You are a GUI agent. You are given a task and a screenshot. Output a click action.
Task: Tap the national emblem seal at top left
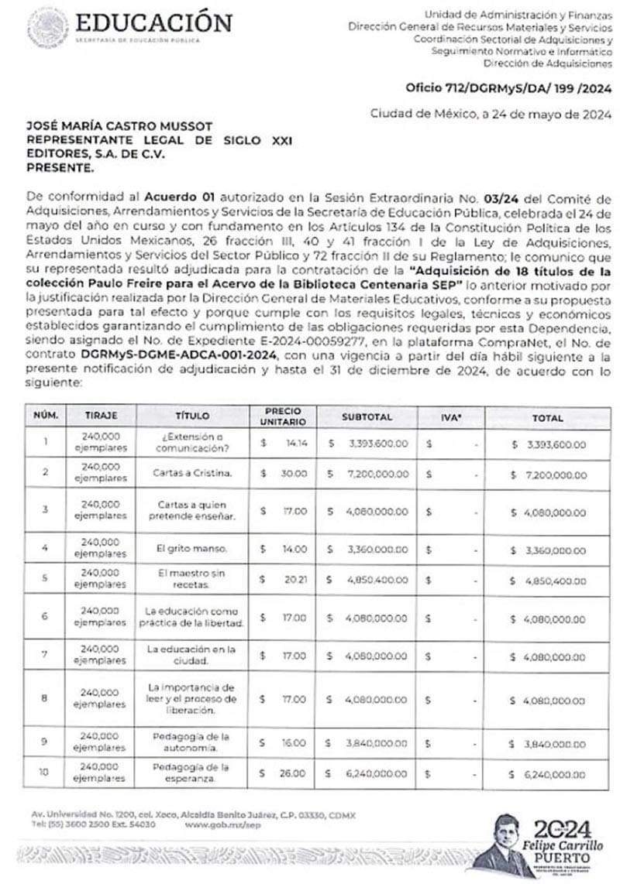coord(47,27)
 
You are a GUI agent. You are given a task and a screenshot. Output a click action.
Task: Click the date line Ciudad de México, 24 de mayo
coord(491,114)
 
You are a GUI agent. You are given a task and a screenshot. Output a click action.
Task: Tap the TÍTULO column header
coord(193,416)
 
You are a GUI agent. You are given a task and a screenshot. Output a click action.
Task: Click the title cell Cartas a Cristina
coord(193,471)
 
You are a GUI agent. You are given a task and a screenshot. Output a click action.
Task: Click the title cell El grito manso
coord(192,548)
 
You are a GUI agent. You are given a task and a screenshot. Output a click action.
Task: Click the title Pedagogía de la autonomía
coord(192,742)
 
